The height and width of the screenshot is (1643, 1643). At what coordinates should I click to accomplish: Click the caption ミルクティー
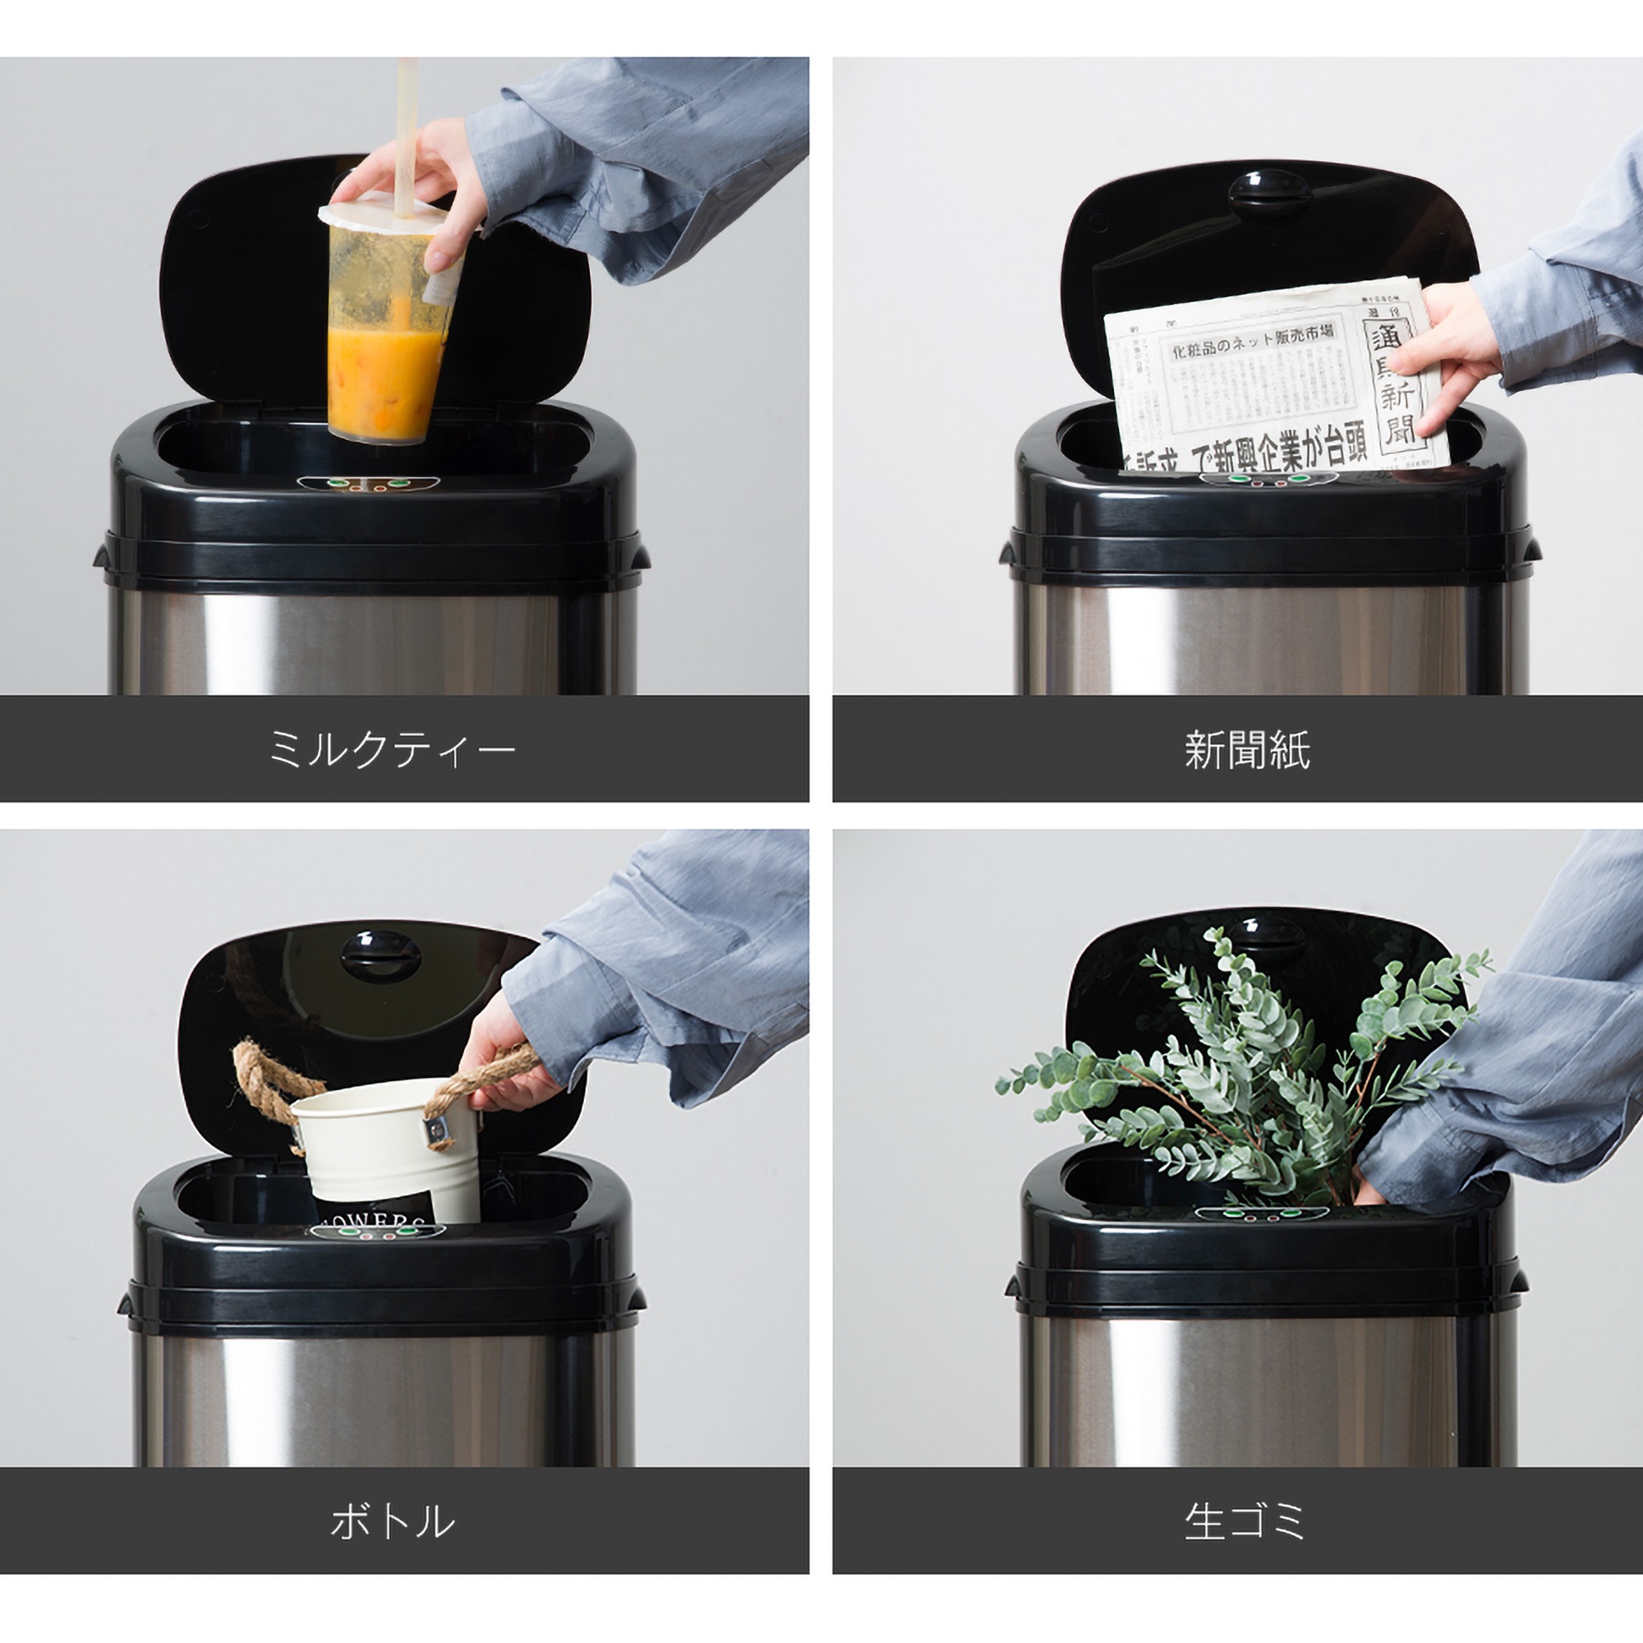[392, 749]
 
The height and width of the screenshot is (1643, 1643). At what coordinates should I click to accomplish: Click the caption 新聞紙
[1247, 749]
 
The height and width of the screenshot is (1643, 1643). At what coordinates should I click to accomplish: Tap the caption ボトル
[392, 1521]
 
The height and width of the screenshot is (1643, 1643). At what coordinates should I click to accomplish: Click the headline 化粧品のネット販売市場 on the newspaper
[1255, 341]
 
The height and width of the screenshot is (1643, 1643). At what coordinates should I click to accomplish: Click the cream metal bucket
[387, 1139]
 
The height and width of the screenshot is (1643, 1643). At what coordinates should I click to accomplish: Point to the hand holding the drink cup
[426, 187]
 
